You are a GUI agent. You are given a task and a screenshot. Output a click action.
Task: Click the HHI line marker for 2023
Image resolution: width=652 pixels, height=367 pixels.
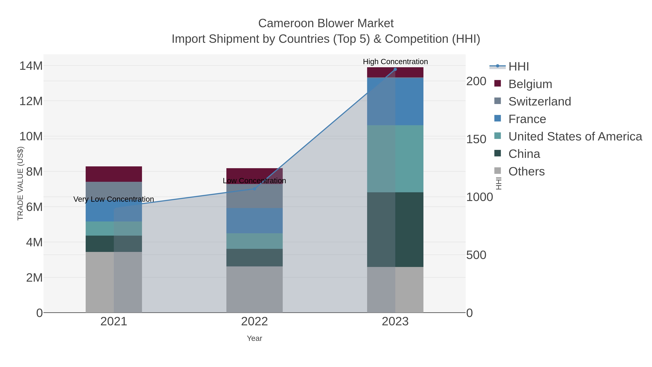[x=395, y=69]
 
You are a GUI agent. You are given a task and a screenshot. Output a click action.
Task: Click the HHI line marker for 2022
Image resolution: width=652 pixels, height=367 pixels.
[x=254, y=189]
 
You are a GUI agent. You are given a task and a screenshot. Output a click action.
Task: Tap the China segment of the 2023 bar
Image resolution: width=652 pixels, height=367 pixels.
[x=395, y=229]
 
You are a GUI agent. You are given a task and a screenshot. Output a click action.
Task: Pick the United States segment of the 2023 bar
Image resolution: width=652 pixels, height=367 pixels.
[x=395, y=159]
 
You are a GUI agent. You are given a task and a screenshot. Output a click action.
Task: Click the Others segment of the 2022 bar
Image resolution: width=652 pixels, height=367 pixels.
[x=254, y=289]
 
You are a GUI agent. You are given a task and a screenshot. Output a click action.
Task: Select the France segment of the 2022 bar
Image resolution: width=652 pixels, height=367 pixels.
[x=254, y=220]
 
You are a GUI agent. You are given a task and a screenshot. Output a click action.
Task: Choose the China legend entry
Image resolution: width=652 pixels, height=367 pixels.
[x=524, y=154]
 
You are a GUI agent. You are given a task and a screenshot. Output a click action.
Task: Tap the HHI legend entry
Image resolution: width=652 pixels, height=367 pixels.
[x=518, y=67]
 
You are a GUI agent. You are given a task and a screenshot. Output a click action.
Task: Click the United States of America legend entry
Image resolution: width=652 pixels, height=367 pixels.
[x=575, y=136]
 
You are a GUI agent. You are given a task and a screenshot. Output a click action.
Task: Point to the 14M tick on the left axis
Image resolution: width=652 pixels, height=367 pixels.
[x=31, y=66]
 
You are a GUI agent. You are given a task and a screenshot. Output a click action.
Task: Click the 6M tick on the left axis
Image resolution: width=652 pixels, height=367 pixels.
[x=34, y=207]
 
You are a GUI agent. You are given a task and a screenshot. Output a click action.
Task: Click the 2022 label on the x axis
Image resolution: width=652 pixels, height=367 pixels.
[x=254, y=322]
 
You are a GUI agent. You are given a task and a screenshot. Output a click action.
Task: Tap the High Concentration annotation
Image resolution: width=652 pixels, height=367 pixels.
[x=395, y=62]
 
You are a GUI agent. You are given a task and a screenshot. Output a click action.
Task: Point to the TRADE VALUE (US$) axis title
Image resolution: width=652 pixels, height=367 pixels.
[x=20, y=183]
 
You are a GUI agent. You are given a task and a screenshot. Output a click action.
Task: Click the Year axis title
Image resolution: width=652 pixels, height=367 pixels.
[x=254, y=338]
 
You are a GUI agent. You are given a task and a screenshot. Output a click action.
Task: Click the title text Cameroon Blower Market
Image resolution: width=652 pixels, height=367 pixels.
[x=326, y=23]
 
